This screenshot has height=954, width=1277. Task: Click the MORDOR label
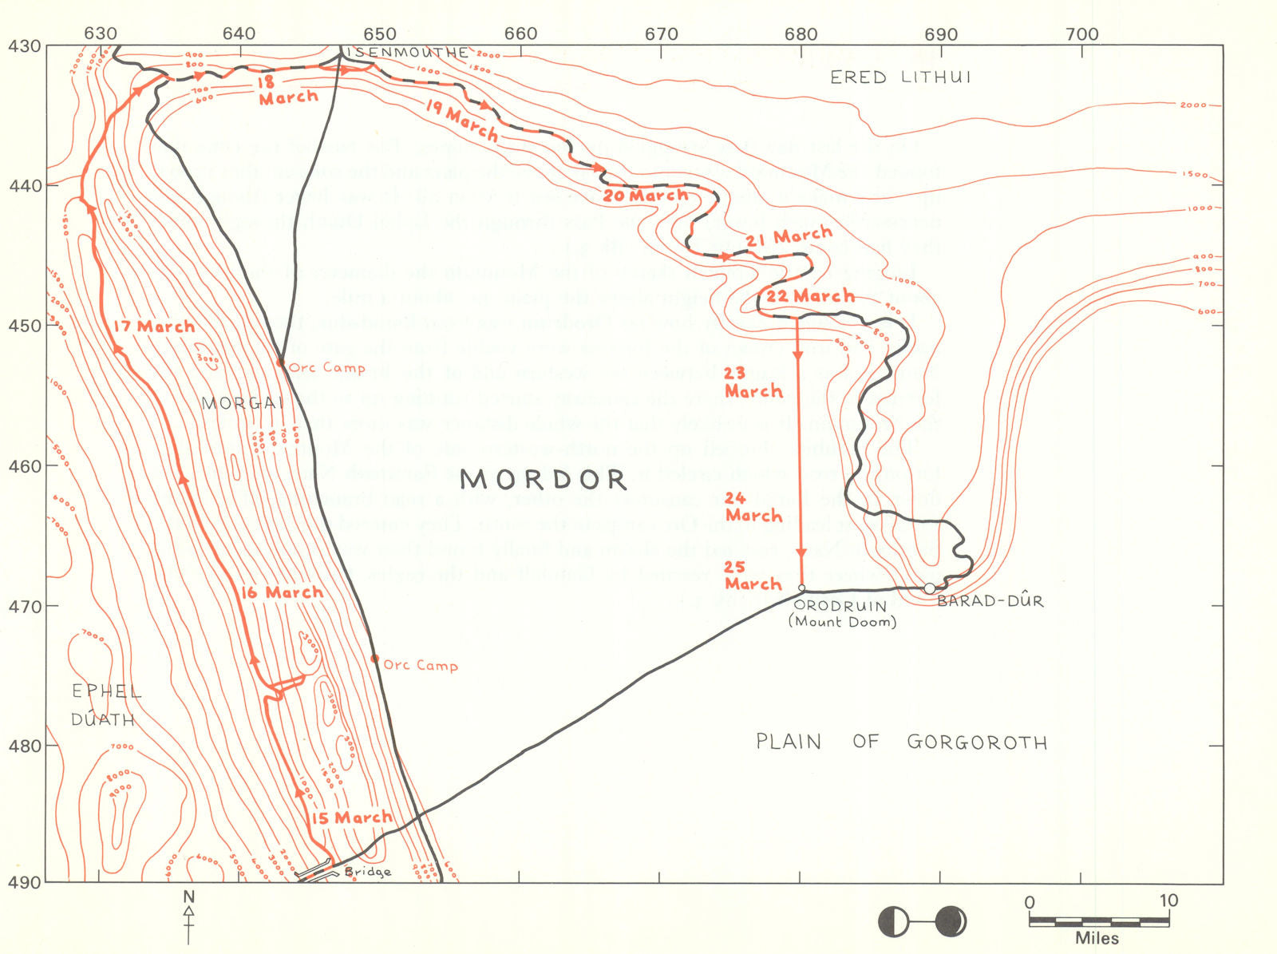pyautogui.click(x=544, y=479)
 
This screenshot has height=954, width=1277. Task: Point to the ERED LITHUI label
pyautogui.click(x=900, y=77)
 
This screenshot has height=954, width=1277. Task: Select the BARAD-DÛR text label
pyautogui.click(x=990, y=601)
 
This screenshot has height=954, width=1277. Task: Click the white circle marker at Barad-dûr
pyautogui.click(x=930, y=588)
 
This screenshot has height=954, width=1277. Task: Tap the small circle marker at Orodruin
pyautogui.click(x=801, y=588)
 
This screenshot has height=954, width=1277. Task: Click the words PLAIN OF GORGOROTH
pyautogui.click(x=901, y=742)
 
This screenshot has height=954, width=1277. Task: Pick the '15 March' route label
pyautogui.click(x=351, y=817)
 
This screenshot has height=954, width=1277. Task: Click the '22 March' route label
pyautogui.click(x=810, y=296)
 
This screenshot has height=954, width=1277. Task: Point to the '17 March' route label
pyautogui.click(x=154, y=327)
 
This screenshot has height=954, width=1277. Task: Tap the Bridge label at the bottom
pyautogui.click(x=368, y=872)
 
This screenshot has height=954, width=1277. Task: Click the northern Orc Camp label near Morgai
pyautogui.click(x=327, y=368)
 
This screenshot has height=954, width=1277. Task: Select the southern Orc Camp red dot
pyautogui.click(x=374, y=659)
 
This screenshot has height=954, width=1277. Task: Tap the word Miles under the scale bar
pyautogui.click(x=1097, y=939)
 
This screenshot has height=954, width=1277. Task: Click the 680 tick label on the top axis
pyautogui.click(x=801, y=34)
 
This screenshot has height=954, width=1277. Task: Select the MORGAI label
pyautogui.click(x=243, y=403)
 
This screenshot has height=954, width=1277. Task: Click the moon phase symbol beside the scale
pyautogui.click(x=922, y=921)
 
